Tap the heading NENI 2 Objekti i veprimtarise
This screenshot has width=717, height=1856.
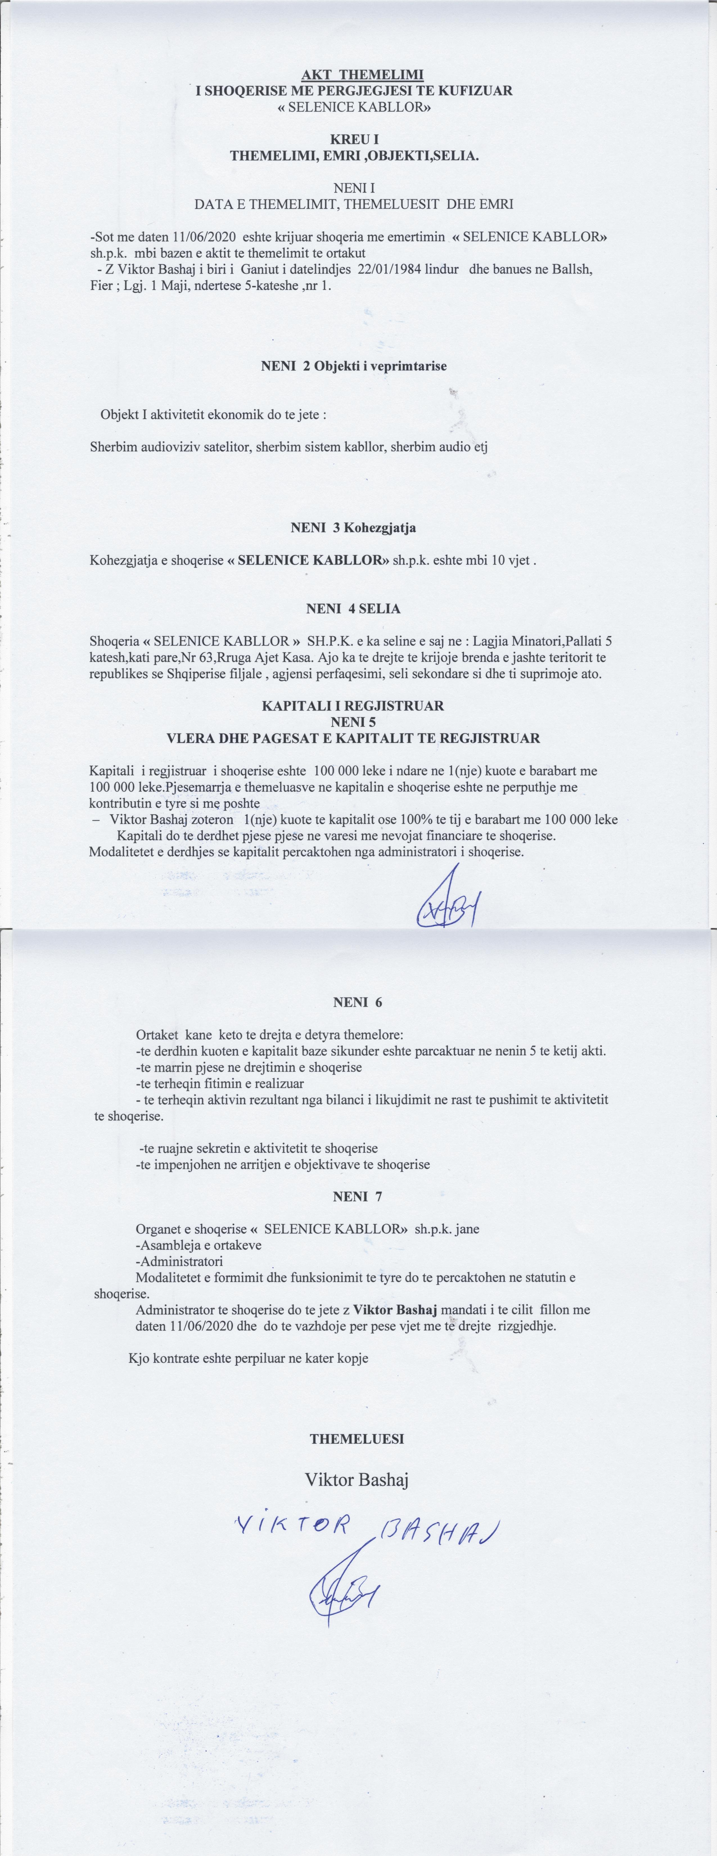tap(354, 366)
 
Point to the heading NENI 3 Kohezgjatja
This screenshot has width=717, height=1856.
tap(353, 527)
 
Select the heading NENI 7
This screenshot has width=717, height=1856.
tap(357, 1196)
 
